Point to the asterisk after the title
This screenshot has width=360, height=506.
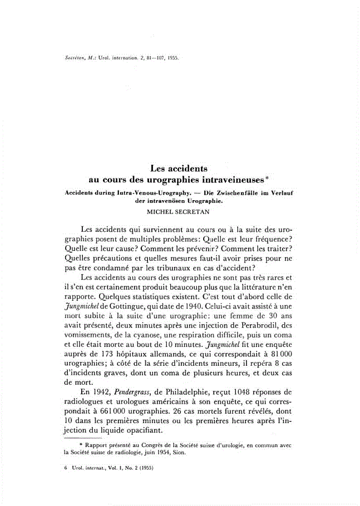pyautogui.click(x=268, y=177)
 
